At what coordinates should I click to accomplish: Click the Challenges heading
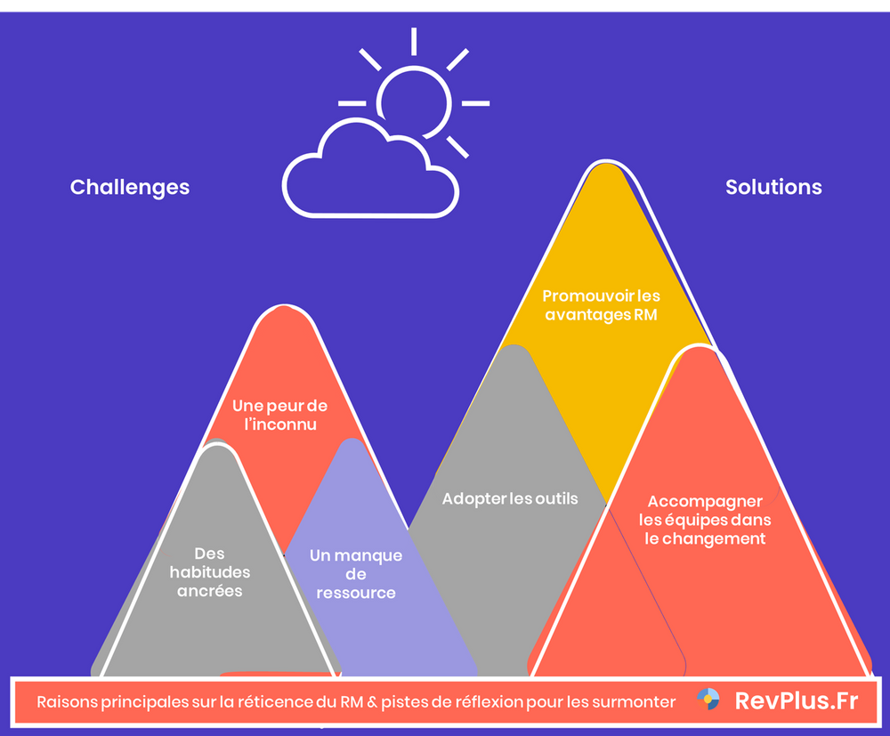(x=130, y=187)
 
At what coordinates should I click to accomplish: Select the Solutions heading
(x=773, y=187)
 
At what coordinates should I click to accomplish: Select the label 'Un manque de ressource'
(x=356, y=574)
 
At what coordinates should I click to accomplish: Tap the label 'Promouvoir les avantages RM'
(x=602, y=305)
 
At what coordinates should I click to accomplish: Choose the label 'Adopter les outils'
(x=510, y=498)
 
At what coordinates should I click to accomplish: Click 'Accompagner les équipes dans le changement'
(x=705, y=521)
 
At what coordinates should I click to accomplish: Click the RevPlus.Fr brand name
(x=797, y=701)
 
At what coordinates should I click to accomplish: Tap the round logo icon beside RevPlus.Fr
(x=708, y=700)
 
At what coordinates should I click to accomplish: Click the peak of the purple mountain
(x=352, y=441)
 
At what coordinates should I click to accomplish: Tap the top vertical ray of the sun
(x=414, y=41)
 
